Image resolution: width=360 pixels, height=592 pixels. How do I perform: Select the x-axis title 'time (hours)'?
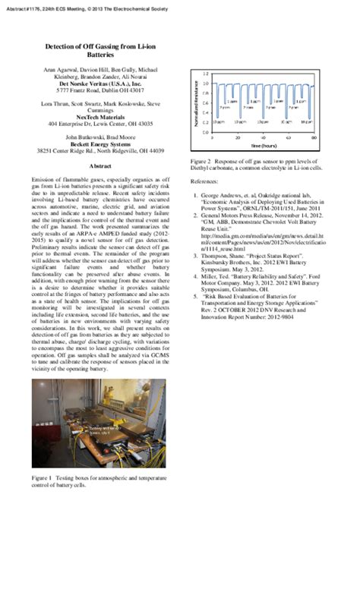tap(264, 145)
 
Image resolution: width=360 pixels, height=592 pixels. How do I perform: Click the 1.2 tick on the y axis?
tap(206, 74)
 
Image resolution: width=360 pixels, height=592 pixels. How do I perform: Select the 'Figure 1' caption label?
tap(42, 478)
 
